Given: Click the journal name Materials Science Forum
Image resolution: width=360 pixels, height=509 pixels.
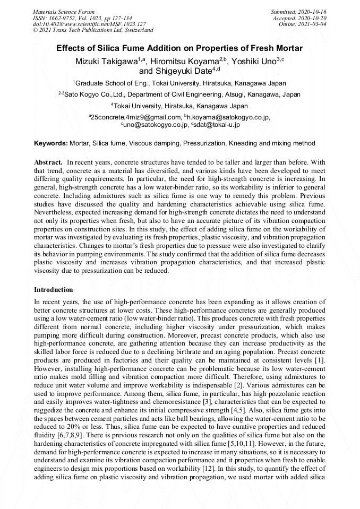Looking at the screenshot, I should [64, 11].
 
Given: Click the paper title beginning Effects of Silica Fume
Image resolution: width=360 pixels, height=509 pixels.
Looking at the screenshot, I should [179, 48].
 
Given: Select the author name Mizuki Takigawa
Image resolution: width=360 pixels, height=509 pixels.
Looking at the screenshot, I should [106, 62].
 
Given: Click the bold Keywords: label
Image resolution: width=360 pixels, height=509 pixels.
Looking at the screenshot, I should [51, 143].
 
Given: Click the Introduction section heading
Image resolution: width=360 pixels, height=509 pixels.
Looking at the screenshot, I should [54, 290].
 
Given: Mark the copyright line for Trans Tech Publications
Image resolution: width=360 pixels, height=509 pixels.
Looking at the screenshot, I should [93, 30].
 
